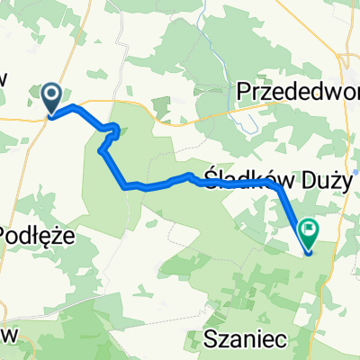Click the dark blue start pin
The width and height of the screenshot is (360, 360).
click(51, 97)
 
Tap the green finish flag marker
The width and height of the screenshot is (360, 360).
click(308, 233)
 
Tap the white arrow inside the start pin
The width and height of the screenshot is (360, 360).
click(51, 94)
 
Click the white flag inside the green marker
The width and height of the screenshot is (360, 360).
click(309, 230)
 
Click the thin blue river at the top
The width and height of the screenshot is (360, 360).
click(205, 18)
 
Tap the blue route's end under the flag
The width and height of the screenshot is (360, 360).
click(308, 251)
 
